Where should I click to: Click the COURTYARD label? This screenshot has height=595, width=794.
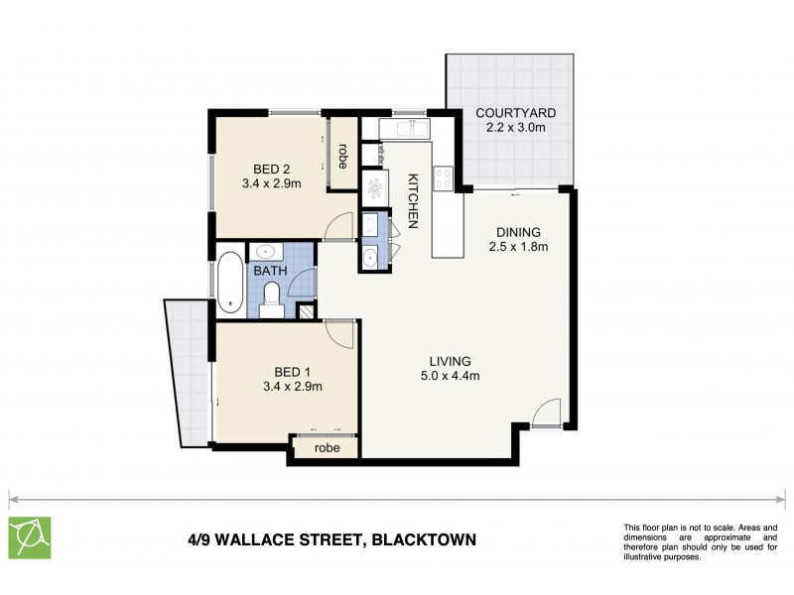point(507,112)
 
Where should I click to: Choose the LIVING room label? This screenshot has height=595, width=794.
point(450,360)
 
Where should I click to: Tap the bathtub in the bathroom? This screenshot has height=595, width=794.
point(228,282)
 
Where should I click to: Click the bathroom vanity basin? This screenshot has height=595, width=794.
point(266,250)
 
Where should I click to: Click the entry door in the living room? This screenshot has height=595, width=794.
point(547,413)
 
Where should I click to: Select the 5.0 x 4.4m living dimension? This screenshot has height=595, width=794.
point(450,375)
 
